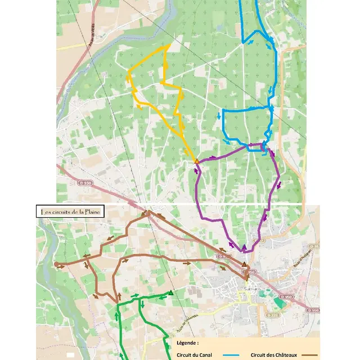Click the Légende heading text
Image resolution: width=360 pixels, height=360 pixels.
click(187, 342)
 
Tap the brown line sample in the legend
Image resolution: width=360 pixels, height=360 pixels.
click(312, 355)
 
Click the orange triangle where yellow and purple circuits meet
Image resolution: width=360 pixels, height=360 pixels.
click(196, 161)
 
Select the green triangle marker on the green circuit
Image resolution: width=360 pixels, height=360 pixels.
click(170, 292)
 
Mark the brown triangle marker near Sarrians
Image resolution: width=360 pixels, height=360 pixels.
click(244, 264)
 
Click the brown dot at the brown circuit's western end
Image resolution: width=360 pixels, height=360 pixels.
click(56, 263)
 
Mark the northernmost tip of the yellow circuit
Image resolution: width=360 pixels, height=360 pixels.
click(170, 44)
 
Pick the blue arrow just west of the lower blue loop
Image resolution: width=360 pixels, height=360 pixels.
click(218, 116)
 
